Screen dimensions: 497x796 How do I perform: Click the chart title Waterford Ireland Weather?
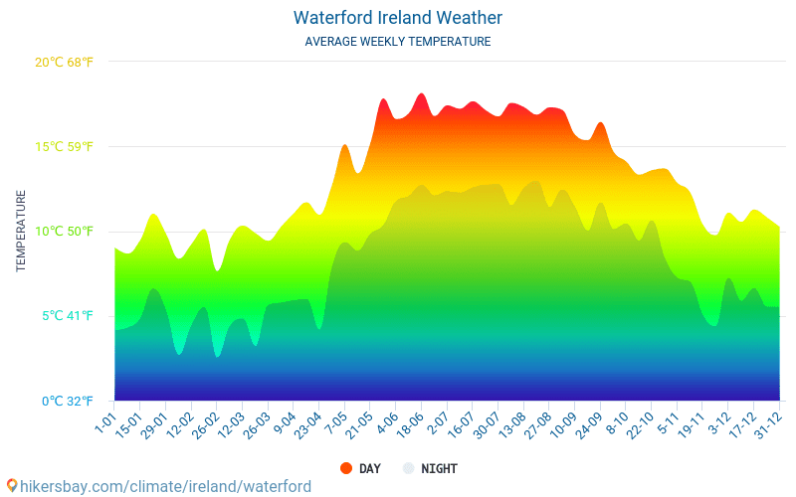coord(398,18)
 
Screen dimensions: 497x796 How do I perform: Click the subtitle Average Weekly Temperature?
coord(398,42)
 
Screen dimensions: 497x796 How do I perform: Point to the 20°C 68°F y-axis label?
coord(64,62)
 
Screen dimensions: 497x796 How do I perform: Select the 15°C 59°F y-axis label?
coord(64,147)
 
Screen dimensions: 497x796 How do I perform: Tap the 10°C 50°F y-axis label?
coord(64,232)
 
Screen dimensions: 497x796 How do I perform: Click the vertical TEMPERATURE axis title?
coord(21,232)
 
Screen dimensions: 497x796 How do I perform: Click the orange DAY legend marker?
coord(346,468)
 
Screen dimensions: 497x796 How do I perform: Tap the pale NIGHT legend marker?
coord(409,468)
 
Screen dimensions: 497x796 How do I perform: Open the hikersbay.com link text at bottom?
coord(165,486)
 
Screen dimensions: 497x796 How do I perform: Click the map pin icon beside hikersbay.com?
coord(11,486)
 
